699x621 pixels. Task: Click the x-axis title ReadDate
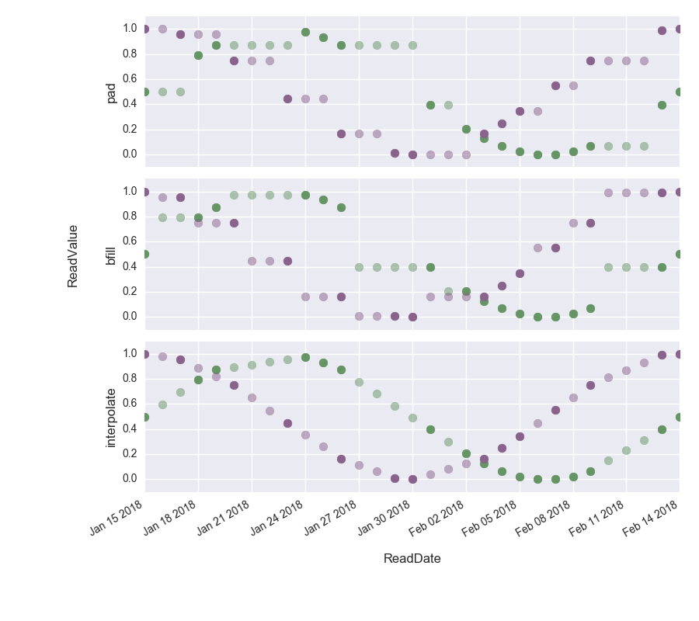(x=412, y=558)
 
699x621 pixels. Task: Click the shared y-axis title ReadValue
(x=73, y=256)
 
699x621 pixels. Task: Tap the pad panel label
(x=111, y=92)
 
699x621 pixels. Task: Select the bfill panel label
(x=111, y=255)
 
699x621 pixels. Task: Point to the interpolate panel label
(x=111, y=418)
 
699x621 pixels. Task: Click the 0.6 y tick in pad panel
(x=130, y=78)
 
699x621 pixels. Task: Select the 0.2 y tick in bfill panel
(x=130, y=291)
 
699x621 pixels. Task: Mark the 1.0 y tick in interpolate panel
(x=130, y=353)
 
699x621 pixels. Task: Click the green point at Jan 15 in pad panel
(x=144, y=92)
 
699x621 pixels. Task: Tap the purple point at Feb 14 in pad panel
(x=680, y=29)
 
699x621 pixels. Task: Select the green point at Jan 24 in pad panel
(x=305, y=33)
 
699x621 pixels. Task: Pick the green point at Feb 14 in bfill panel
(x=680, y=254)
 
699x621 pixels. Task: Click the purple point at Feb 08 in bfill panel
(x=573, y=223)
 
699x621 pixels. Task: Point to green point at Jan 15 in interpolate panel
(x=144, y=417)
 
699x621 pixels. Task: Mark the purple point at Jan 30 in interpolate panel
(x=412, y=479)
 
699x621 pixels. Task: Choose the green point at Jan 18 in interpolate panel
(x=198, y=380)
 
